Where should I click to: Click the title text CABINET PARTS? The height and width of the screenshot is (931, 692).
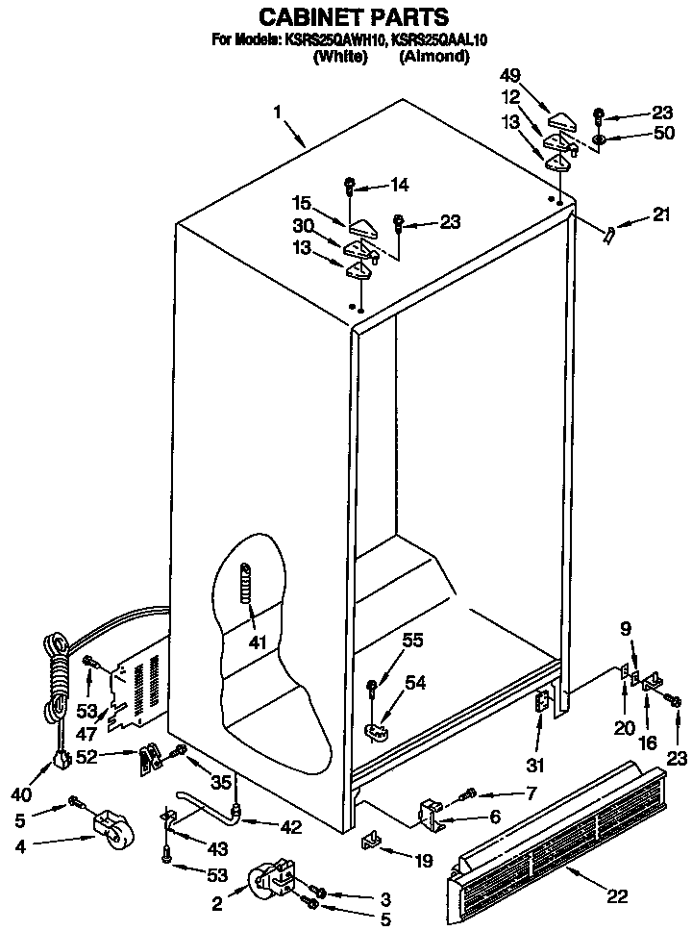click(x=355, y=16)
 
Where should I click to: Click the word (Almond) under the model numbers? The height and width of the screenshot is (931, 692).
click(x=434, y=57)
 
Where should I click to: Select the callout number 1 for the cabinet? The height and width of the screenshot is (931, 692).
click(x=277, y=112)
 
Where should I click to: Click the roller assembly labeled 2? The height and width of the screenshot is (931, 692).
click(x=264, y=881)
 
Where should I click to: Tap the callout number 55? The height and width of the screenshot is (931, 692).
click(x=412, y=639)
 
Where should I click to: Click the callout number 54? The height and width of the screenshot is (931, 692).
click(x=414, y=682)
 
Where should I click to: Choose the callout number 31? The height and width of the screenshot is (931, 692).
click(x=535, y=766)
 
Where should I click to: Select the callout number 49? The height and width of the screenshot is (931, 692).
click(x=509, y=78)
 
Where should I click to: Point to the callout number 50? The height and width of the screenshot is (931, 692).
click(x=662, y=134)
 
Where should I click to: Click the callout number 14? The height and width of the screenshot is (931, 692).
click(x=397, y=184)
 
